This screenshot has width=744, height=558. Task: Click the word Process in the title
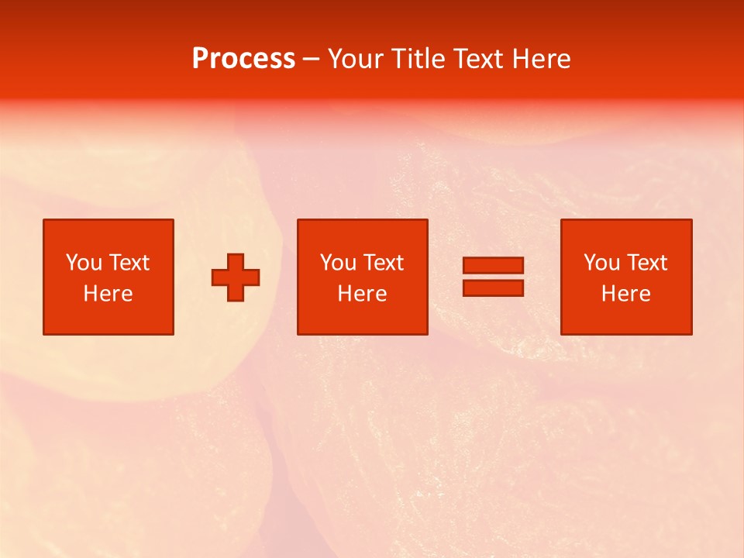[243, 59]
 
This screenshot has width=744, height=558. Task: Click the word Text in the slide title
[475, 59]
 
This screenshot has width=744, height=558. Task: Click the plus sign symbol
[236, 277]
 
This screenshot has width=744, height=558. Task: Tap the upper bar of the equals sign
[493, 265]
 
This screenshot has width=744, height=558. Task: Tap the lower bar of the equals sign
[493, 288]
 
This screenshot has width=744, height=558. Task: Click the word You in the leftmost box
[84, 263]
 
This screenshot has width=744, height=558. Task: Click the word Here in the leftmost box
[108, 294]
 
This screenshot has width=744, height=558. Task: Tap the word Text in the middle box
[382, 263]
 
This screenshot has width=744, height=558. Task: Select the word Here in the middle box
[362, 294]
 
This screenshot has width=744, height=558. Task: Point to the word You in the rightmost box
[601, 263]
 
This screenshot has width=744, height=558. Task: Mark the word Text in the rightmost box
[646, 263]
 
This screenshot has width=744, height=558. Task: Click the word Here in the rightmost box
[625, 294]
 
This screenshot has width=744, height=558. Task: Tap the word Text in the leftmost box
[128, 263]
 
